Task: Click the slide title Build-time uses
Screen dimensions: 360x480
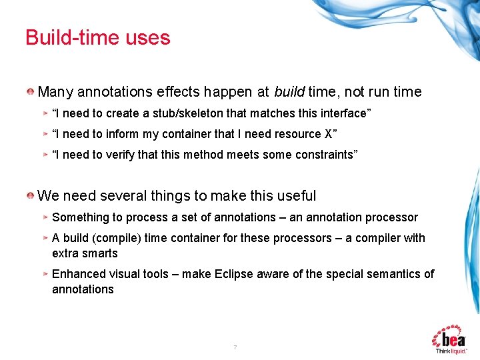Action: [x=98, y=37]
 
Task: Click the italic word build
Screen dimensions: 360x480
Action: [x=289, y=92]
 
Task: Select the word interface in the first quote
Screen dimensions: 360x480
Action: [x=340, y=113]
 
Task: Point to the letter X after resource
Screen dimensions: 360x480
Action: [x=327, y=134]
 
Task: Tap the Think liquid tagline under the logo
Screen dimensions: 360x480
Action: [x=451, y=351]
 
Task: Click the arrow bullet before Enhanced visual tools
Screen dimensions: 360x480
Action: [x=45, y=274]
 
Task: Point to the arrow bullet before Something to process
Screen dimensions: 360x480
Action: [x=45, y=217]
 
